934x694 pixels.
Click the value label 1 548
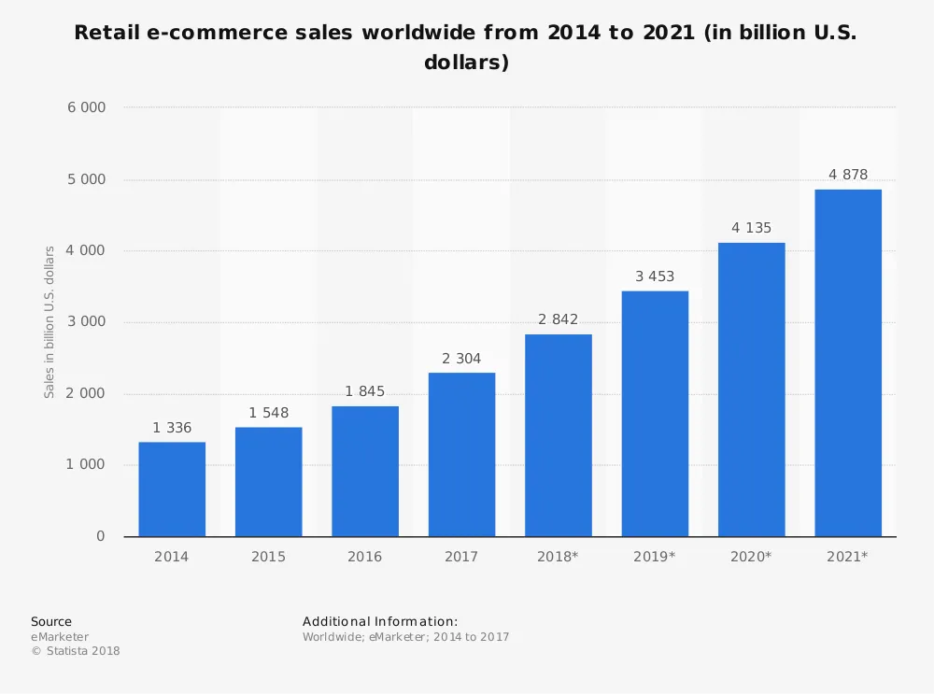point(268,413)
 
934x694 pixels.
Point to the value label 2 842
point(558,319)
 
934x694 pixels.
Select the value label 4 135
point(751,228)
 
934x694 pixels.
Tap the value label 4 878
point(848,175)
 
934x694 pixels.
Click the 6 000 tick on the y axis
point(86,107)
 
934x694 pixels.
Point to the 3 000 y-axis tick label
point(86,322)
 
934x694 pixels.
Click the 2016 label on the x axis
point(364,557)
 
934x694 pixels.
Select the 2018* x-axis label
point(558,557)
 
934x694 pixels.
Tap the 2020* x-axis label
point(751,557)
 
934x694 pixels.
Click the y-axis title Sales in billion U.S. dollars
point(50,322)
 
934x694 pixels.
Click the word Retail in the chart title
point(105,33)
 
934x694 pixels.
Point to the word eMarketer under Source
point(60,637)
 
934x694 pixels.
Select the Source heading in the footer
point(51,622)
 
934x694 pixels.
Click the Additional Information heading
point(380,622)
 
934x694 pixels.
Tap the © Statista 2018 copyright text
point(76,651)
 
